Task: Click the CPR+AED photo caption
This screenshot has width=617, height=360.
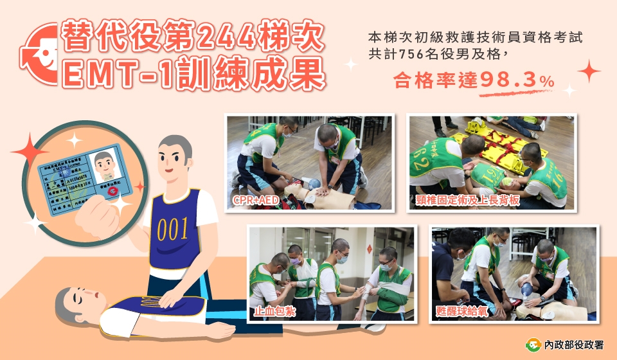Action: [x=256, y=201]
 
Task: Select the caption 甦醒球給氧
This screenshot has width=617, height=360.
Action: [x=461, y=312]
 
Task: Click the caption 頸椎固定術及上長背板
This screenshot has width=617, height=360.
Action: [x=461, y=200]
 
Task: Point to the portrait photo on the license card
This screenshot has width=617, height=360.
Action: [x=104, y=165]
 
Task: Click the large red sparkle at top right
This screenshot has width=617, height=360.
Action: [x=588, y=70]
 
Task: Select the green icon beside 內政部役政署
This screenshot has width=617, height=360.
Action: [x=533, y=344]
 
